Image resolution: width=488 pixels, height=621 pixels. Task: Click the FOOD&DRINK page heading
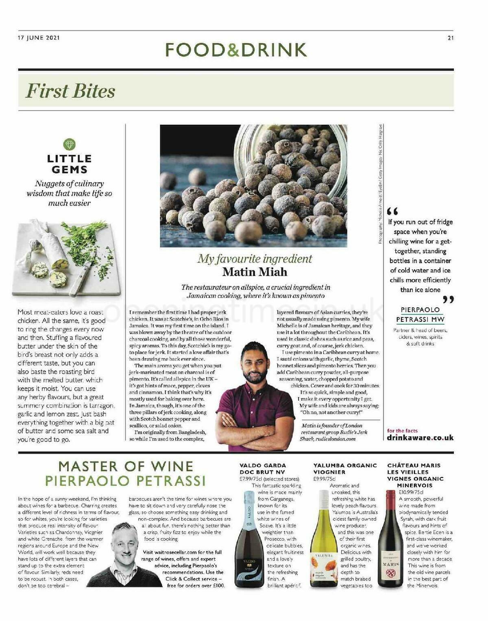pyautogui.click(x=236, y=50)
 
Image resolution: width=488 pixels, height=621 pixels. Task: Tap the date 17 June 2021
pyautogui.click(x=39, y=38)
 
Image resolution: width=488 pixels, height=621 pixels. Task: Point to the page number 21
pyautogui.click(x=450, y=38)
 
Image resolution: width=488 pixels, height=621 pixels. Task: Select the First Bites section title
pyautogui.click(x=70, y=91)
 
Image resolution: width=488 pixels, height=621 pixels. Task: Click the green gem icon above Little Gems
pyautogui.click(x=69, y=144)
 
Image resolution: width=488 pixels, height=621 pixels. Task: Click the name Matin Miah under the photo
pyautogui.click(x=255, y=271)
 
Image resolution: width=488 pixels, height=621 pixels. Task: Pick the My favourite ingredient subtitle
pyautogui.click(x=255, y=258)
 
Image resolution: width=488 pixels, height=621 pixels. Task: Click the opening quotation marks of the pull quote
pyautogui.click(x=392, y=211)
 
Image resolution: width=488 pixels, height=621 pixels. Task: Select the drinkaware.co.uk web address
pyautogui.click(x=420, y=438)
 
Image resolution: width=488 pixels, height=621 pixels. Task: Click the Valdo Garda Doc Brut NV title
pyautogui.click(x=263, y=469)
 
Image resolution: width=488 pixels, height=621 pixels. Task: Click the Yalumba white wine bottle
pyautogui.click(x=324, y=541)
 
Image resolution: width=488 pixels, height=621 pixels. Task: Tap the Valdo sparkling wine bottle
pyautogui.click(x=249, y=541)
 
